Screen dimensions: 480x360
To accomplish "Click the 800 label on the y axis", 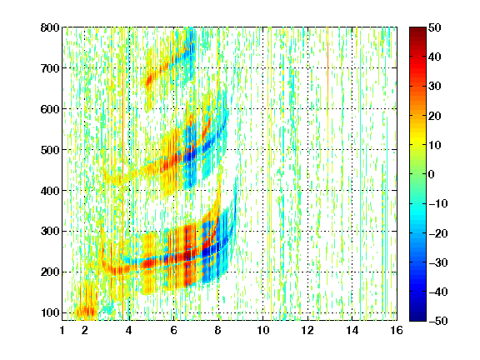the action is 50,27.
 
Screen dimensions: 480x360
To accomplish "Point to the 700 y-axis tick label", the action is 50,68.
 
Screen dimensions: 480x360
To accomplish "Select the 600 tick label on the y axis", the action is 50,109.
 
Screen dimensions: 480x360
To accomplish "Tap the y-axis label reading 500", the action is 50,150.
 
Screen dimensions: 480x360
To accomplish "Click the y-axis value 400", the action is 50,191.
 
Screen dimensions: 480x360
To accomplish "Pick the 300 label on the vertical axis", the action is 50,232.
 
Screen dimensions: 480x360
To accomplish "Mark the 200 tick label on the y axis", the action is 50,272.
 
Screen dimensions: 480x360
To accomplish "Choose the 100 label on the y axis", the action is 50,312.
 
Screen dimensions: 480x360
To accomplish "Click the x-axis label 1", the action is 62,330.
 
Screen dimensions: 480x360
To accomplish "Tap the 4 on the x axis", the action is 129,330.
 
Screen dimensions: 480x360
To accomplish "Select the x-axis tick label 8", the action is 218,330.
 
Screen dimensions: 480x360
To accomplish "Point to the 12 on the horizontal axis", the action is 307,330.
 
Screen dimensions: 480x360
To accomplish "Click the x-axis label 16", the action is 397,330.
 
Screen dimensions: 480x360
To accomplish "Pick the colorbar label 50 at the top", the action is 434,27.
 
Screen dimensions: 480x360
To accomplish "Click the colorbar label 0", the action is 432,174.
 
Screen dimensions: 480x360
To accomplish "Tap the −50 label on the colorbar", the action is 438,321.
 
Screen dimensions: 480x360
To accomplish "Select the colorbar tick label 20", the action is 434,116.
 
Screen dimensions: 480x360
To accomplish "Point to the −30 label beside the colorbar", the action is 438,262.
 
